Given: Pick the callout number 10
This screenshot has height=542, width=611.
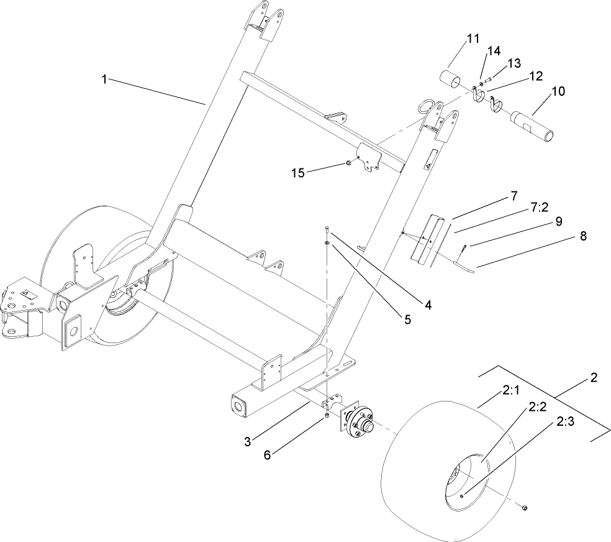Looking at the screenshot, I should (x=558, y=91).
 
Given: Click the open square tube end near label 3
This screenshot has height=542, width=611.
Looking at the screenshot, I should (x=238, y=405).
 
